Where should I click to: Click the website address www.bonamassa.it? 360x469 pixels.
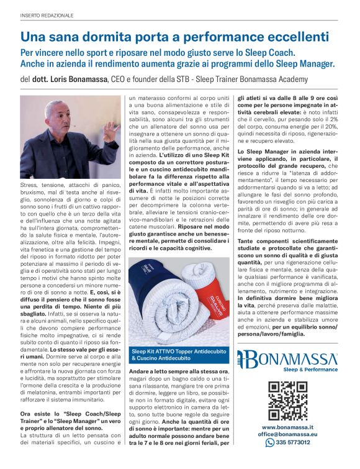287,427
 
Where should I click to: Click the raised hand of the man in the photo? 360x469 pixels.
110,129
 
